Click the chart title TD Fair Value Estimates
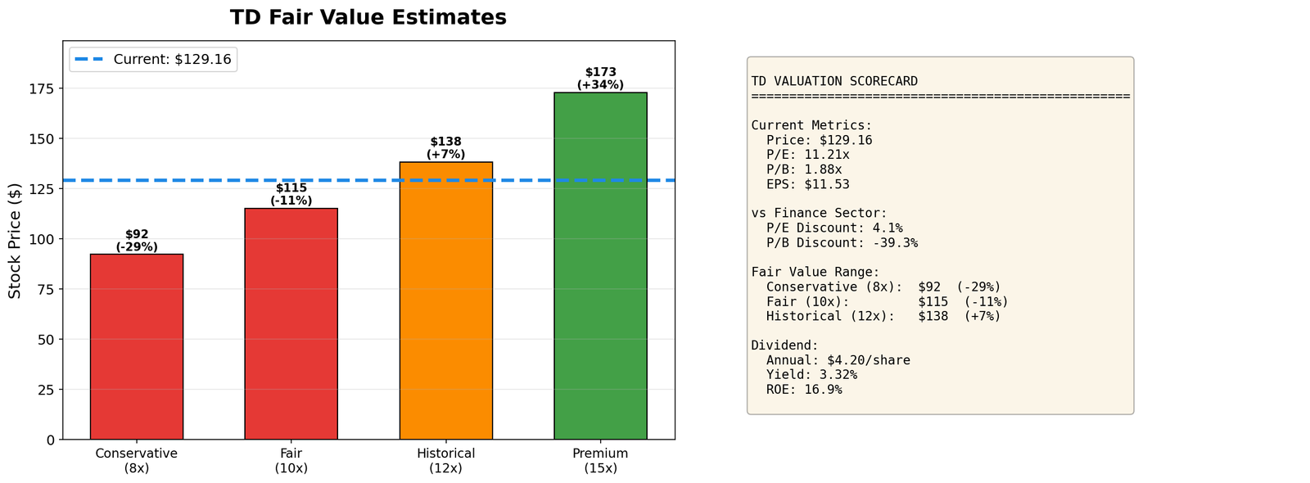pyautogui.click(x=368, y=17)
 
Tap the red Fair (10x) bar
pyautogui.click(x=291, y=323)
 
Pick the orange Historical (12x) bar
pyautogui.click(x=445, y=300)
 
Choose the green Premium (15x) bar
pyautogui.click(x=600, y=266)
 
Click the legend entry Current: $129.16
pyautogui.click(x=172, y=59)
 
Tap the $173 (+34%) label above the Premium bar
pyautogui.click(x=600, y=78)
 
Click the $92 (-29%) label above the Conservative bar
pyautogui.click(x=137, y=241)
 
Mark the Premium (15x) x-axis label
pyautogui.click(x=600, y=461)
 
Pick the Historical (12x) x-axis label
pyautogui.click(x=445, y=461)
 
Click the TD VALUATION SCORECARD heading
pyautogui.click(x=834, y=81)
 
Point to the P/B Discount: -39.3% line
pyautogui.click(x=842, y=243)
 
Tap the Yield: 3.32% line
pyautogui.click(x=811, y=375)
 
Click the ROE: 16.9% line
pyautogui.click(x=804, y=390)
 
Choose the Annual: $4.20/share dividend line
pyautogui.click(x=838, y=360)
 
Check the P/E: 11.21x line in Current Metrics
pyautogui.click(x=807, y=155)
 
